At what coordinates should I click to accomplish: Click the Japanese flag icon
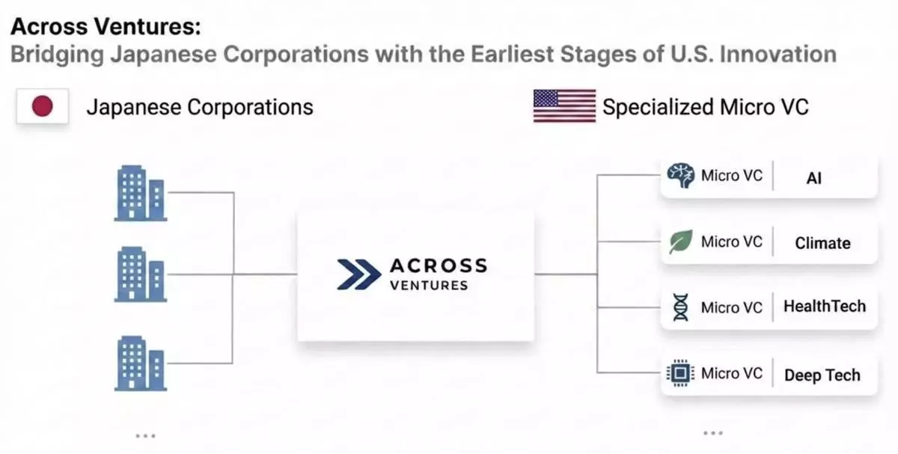pos(43,106)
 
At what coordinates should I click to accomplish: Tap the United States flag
pos(564,105)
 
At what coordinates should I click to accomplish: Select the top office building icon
pos(141,193)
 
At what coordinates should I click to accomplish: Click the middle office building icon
pos(141,274)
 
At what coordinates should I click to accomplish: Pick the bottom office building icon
pos(141,363)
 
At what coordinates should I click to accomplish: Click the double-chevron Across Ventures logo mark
pos(358,274)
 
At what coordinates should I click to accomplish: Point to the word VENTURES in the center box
pos(429,285)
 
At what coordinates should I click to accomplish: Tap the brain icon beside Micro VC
pos(681,175)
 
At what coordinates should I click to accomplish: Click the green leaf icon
pos(681,242)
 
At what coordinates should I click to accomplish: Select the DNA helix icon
pos(681,307)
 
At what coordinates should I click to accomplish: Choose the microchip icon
pos(680,373)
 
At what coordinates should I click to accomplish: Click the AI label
pos(814,178)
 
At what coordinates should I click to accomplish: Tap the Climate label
pos(822,243)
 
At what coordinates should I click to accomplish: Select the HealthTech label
pos(825,306)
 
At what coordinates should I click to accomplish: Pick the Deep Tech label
pos(822,375)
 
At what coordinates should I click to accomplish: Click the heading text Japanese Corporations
pos(200,107)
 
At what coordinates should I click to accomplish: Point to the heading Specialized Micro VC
pos(706,107)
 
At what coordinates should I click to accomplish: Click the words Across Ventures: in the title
pos(106,26)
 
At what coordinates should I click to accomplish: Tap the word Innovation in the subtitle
pos(778,54)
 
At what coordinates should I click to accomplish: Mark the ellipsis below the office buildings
pos(145,435)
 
